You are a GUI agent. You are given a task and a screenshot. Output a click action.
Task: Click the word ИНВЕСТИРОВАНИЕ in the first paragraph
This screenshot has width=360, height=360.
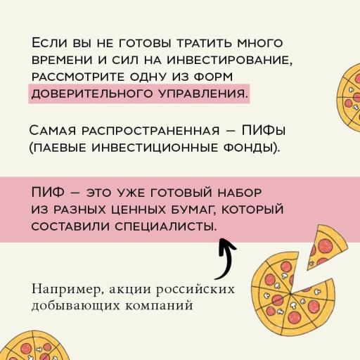coord(230,60)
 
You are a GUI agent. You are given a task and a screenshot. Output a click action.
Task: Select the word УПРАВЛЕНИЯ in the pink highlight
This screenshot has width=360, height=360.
coord(203,94)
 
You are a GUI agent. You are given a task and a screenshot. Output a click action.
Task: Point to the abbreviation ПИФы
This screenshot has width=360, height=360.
coord(264,130)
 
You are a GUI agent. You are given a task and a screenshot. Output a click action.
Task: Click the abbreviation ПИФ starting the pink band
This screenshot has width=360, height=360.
coord(48,192)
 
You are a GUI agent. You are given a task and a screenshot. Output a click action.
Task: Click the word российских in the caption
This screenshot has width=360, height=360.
coord(195,289)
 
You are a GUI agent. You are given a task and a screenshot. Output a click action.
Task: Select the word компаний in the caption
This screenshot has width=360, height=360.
coord(159,306)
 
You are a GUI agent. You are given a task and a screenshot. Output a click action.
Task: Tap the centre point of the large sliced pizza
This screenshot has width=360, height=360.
coord(290,293)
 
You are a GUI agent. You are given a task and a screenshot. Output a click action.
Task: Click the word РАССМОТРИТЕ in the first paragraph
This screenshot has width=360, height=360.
coord(78,77)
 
